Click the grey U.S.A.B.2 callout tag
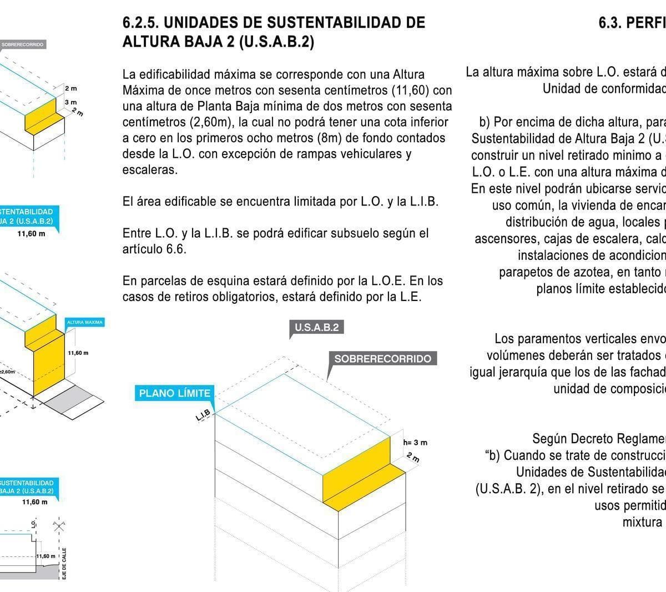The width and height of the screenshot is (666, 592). coord(317,327)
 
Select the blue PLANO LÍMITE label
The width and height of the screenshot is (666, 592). coord(174,394)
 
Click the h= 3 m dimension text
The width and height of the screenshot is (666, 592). coord(415,443)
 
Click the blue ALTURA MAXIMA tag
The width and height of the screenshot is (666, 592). coord(85,323)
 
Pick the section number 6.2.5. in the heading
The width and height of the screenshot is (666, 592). coord(141,23)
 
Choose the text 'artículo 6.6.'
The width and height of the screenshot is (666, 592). coord(154,249)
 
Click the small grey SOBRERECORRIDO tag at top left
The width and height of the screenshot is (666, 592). coord(22,44)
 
